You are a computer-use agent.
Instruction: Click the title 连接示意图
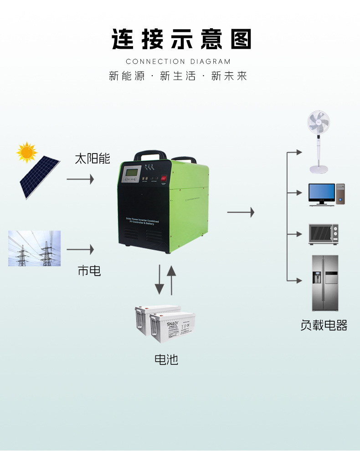181,40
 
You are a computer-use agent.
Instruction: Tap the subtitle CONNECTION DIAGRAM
178,61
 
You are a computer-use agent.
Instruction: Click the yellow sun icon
27,152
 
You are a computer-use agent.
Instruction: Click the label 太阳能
93,159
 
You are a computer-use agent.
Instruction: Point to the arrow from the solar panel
80,179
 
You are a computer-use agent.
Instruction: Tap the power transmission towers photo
34,248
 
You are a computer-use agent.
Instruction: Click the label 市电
89,271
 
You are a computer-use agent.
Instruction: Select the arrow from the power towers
80,250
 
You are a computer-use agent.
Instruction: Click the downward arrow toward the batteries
159,280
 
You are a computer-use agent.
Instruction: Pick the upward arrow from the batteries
171,280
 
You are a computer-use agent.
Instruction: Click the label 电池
166,359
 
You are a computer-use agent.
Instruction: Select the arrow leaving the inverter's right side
241,212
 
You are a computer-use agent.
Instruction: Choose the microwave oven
324,234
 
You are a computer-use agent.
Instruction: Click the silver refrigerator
325,283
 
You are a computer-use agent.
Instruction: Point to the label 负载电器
324,325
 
